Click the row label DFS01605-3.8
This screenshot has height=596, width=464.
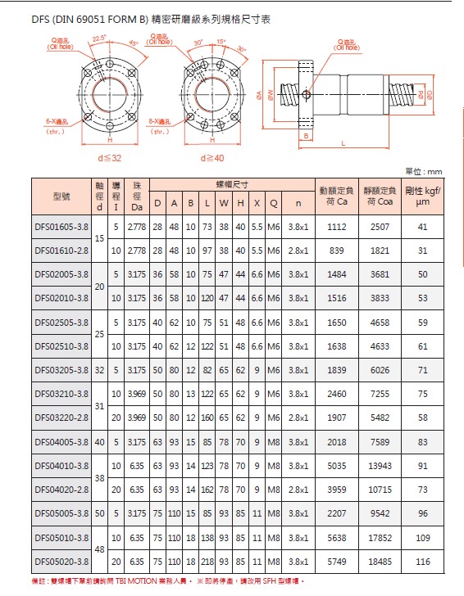pyautogui.click(x=61, y=227)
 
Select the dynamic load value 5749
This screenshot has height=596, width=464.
pyautogui.click(x=337, y=562)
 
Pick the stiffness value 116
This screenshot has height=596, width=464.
pyautogui.click(x=423, y=562)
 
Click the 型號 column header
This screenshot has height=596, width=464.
pyautogui.click(x=61, y=197)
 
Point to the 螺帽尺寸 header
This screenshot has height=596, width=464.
pyautogui.click(x=232, y=186)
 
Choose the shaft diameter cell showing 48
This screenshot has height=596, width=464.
pyautogui.click(x=99, y=550)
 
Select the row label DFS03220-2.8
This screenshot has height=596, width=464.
pyautogui.click(x=61, y=418)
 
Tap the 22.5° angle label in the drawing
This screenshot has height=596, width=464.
pyautogui.click(x=99, y=38)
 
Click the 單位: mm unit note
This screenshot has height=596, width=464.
pyautogui.click(x=424, y=171)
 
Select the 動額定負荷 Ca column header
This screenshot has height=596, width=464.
pyautogui.click(x=337, y=196)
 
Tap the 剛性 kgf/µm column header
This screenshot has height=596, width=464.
pyautogui.click(x=423, y=196)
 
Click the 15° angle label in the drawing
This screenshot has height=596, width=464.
pyautogui.click(x=221, y=42)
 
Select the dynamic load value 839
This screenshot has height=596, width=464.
pyautogui.click(x=337, y=251)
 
